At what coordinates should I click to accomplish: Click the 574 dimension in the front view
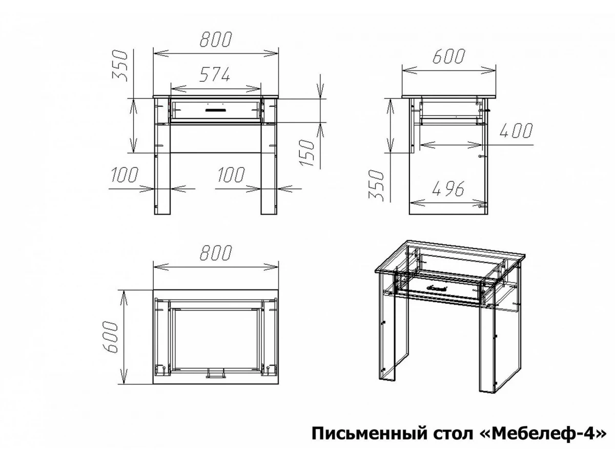point(214,74)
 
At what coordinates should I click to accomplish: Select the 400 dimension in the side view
point(516,131)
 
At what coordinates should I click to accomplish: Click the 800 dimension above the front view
point(216,39)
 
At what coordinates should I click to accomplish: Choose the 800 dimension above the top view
point(216,253)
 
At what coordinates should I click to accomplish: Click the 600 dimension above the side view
point(448,64)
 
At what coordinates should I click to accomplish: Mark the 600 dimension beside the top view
point(109,337)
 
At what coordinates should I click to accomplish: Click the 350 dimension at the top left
point(119,66)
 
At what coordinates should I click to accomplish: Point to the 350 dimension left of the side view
point(376,185)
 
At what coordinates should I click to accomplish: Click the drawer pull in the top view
point(215,374)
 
